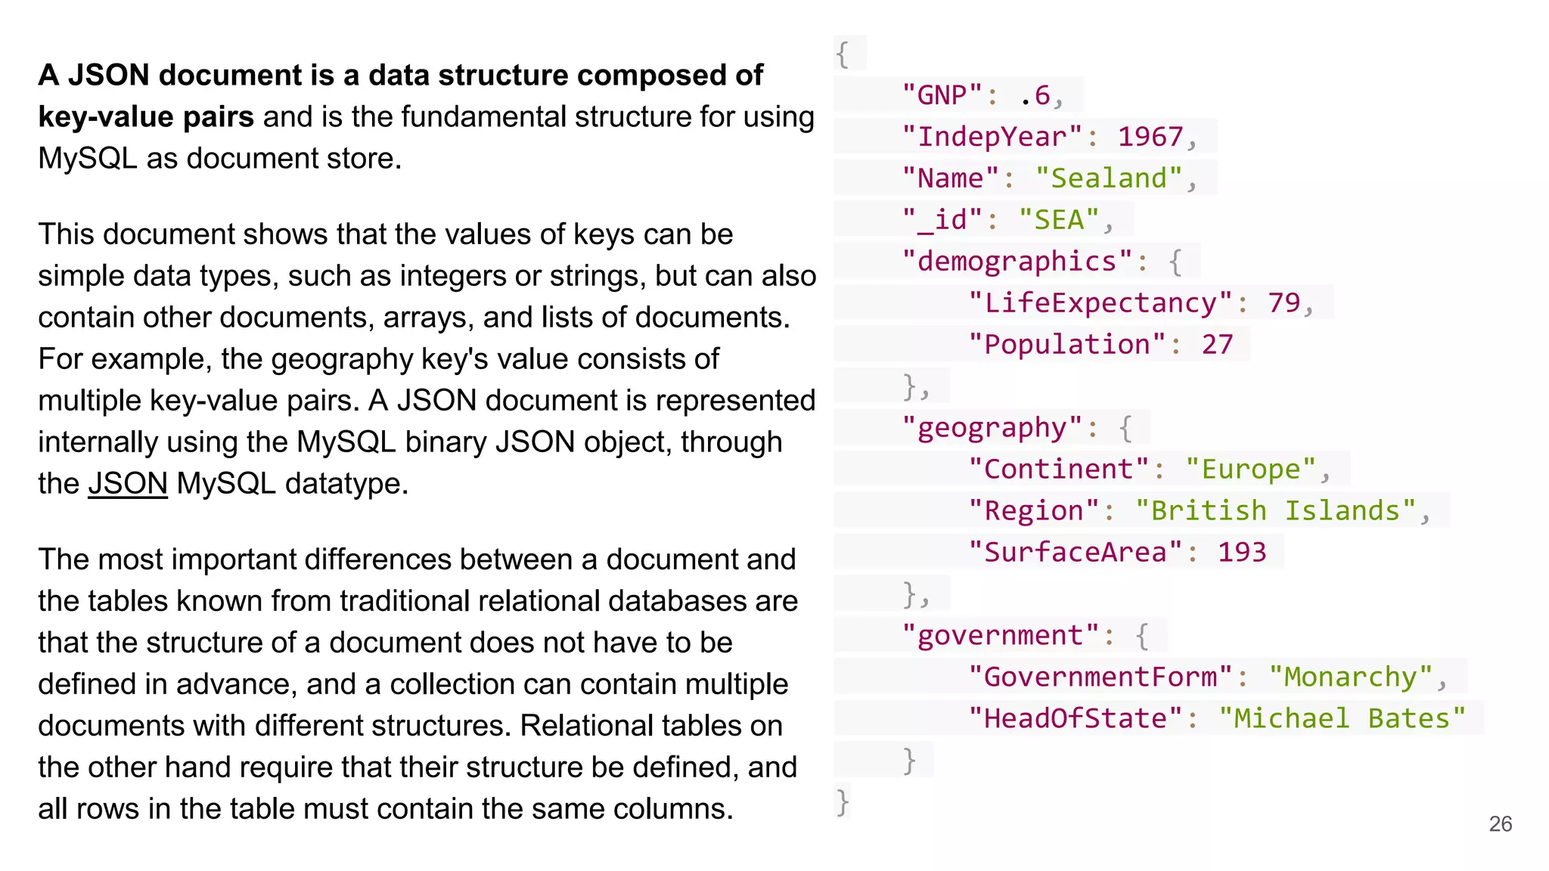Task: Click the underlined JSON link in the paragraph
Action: (x=128, y=484)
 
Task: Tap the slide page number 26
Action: (x=1500, y=823)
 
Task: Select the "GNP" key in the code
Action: (x=942, y=95)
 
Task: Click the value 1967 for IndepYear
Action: (x=1150, y=137)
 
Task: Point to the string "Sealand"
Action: (x=1109, y=178)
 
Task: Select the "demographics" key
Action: (x=1017, y=262)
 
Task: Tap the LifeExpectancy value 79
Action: (x=1284, y=303)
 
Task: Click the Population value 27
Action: (x=1217, y=345)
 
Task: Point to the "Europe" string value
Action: (x=1250, y=470)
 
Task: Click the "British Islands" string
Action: (x=1275, y=511)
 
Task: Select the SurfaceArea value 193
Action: (x=1241, y=553)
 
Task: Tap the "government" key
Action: (x=1000, y=636)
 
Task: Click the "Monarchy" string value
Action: (x=1350, y=677)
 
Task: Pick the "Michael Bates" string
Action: (x=1342, y=719)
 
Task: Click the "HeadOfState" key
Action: (x=1075, y=719)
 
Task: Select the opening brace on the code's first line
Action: (x=843, y=54)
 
